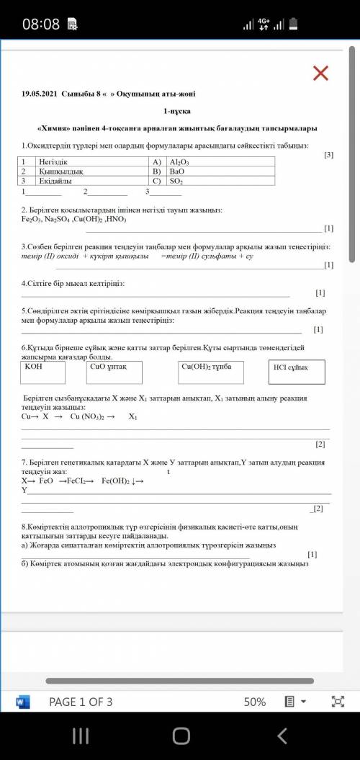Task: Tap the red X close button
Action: pos(320,73)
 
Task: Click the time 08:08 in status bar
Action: pos(40,24)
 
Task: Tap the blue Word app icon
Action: pos(22,702)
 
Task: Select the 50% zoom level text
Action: pos(255,702)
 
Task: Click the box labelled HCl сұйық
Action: pos(296,372)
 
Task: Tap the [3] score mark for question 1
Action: pos(328,155)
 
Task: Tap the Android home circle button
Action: pos(181,735)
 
